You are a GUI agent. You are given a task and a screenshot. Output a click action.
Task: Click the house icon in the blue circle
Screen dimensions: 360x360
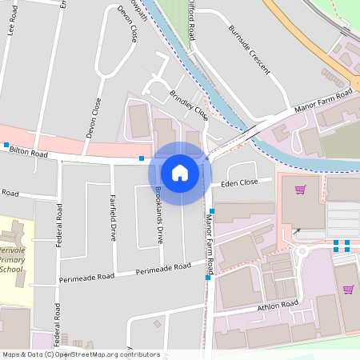pos(179,173)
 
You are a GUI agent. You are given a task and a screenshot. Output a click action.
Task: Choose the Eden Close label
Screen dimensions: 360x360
pos(240,183)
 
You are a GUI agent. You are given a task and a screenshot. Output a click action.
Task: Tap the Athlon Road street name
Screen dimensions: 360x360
pos(278,306)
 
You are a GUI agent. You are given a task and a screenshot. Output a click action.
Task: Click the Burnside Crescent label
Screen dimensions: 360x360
pos(249,49)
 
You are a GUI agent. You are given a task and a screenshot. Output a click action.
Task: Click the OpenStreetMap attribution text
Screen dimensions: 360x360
pos(80,354)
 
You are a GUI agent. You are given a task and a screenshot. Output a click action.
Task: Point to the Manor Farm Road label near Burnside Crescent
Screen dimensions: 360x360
pos(323,102)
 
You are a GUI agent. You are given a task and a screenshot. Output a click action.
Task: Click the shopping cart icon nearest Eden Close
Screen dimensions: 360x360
pos(301,190)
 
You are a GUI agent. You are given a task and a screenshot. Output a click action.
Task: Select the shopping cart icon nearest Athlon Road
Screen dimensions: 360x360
pos(348,289)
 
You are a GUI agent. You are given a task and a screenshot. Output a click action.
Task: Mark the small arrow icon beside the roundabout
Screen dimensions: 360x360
pos(298,231)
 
